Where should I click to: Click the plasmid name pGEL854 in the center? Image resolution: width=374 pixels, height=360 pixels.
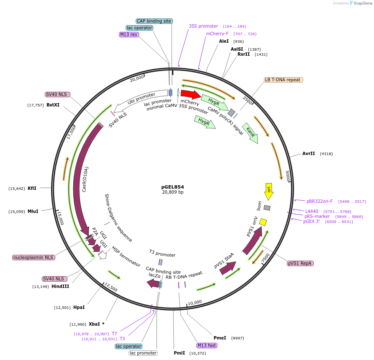(x=173, y=187)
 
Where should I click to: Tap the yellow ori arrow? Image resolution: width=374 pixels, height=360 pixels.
(x=269, y=191)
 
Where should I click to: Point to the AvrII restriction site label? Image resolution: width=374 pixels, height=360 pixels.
(x=309, y=154)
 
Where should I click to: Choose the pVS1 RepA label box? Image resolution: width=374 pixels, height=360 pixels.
(x=300, y=263)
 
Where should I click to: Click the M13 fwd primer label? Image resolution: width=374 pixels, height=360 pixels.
(x=207, y=345)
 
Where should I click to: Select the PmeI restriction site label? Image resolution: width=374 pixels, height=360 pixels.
(x=220, y=338)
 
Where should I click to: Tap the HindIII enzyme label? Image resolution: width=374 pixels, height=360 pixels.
(x=60, y=287)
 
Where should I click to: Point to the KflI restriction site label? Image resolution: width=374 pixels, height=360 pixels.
(x=32, y=189)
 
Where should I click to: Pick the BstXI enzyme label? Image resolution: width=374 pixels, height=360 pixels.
(x=53, y=105)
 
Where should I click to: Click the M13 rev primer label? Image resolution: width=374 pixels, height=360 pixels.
(x=129, y=34)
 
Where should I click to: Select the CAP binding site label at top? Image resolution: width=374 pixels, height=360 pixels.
(x=154, y=21)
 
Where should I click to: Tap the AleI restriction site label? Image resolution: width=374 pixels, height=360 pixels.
(x=224, y=41)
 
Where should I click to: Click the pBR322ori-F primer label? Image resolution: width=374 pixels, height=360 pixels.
(x=320, y=201)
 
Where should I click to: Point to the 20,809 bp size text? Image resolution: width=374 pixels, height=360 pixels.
(x=173, y=192)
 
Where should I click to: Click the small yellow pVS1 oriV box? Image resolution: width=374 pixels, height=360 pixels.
(x=263, y=221)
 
